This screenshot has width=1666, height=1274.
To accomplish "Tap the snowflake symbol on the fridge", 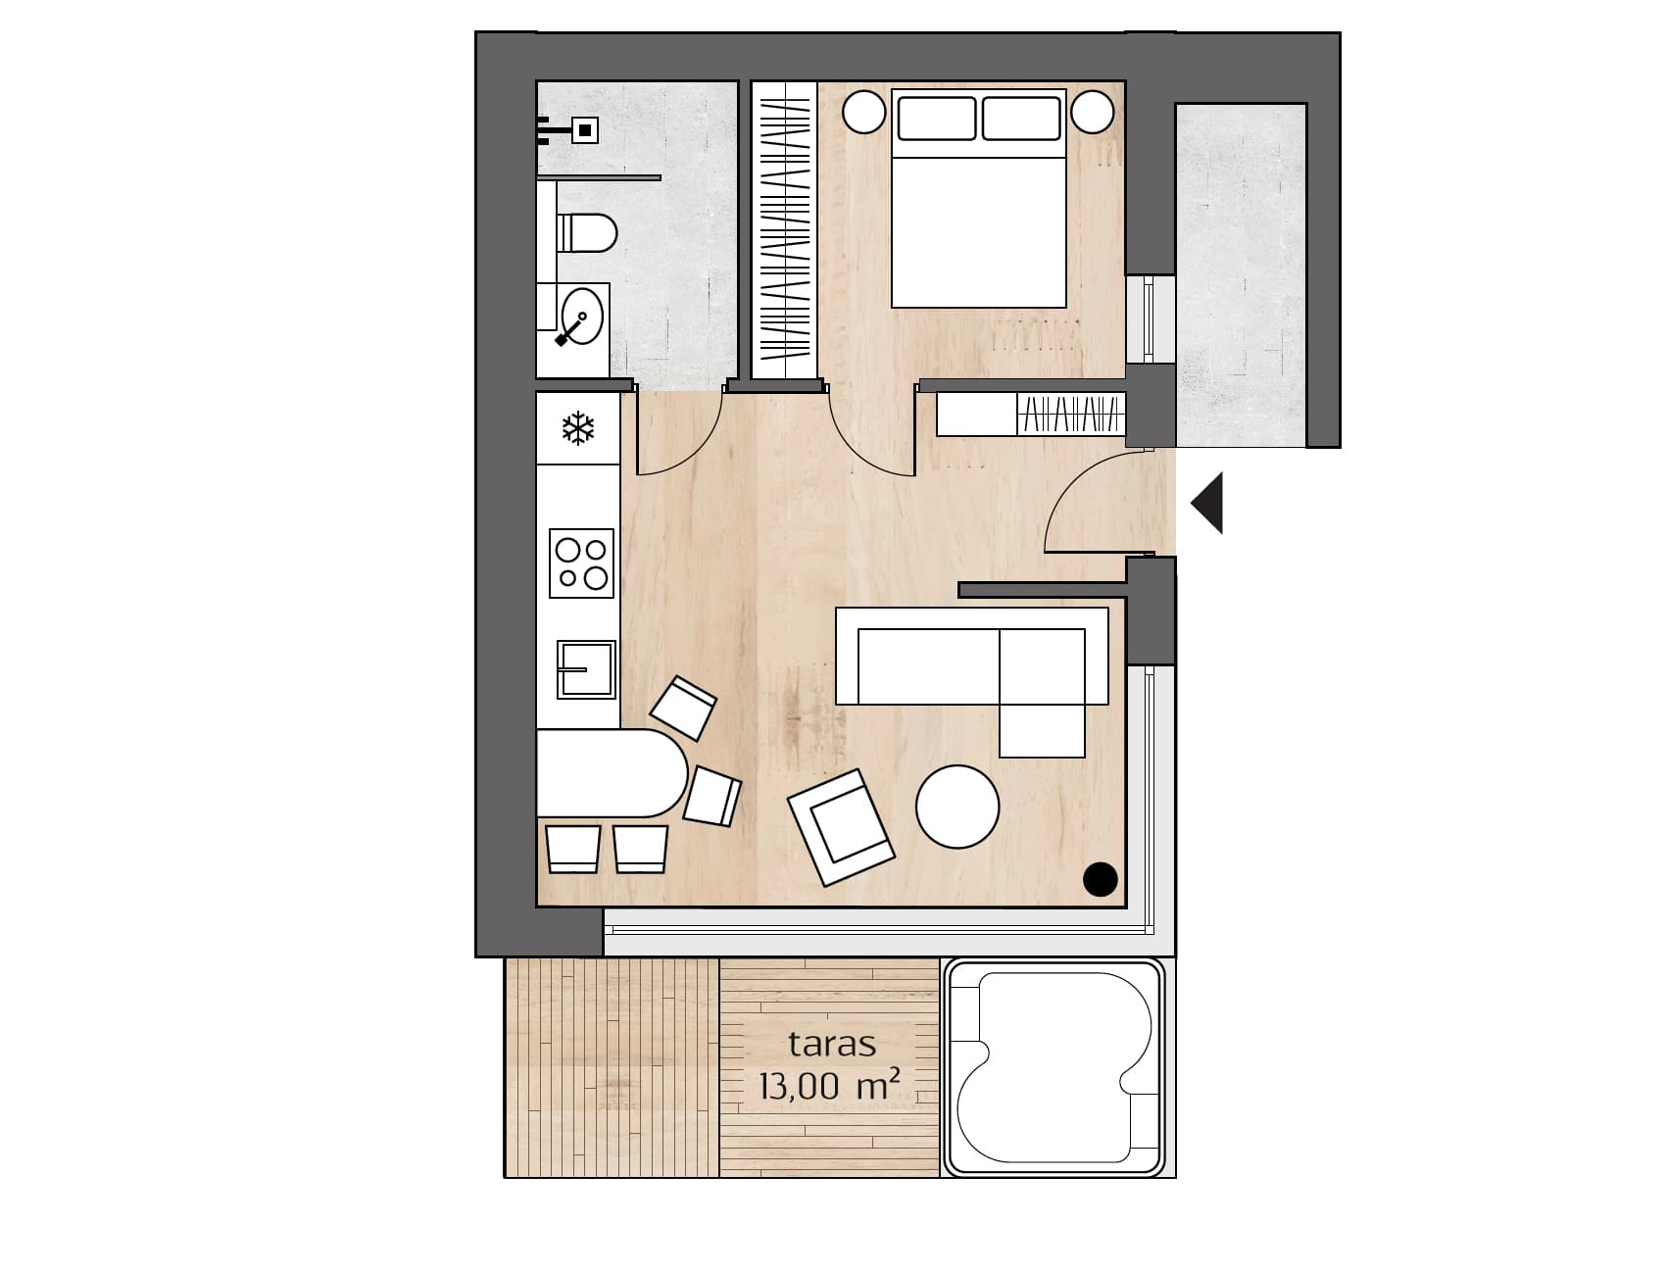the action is pos(578,429).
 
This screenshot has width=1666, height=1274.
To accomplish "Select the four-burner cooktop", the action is pos(581,563).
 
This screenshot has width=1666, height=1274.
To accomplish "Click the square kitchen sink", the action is pos(586,669).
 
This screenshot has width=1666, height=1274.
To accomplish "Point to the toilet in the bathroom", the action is pos(587,232).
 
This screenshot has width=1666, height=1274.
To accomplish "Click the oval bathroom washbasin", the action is pos(582,317).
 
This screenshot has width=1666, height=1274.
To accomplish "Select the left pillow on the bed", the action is pos(936,119).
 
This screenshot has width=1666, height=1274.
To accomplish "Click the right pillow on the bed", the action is pos(1021,119).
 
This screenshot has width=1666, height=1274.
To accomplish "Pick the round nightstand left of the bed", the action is pos(864,112).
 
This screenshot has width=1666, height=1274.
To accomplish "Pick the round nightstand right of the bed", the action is pos(1092,112).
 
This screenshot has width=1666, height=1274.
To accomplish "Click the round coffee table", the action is pos(957,807).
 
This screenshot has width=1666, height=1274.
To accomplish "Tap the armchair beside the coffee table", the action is pos(842,827).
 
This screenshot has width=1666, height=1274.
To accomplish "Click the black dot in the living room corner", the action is pos(1101,879).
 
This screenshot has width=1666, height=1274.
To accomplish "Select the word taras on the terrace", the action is pos(832,1045).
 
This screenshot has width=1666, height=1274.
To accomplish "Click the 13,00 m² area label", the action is pos(830,1085).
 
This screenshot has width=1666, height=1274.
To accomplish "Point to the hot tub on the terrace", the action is pos(1053,1067).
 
